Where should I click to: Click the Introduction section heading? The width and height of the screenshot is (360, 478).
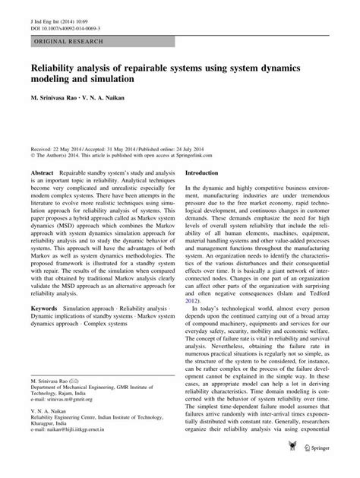click(206, 173)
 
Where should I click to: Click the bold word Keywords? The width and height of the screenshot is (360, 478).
click(46, 309)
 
